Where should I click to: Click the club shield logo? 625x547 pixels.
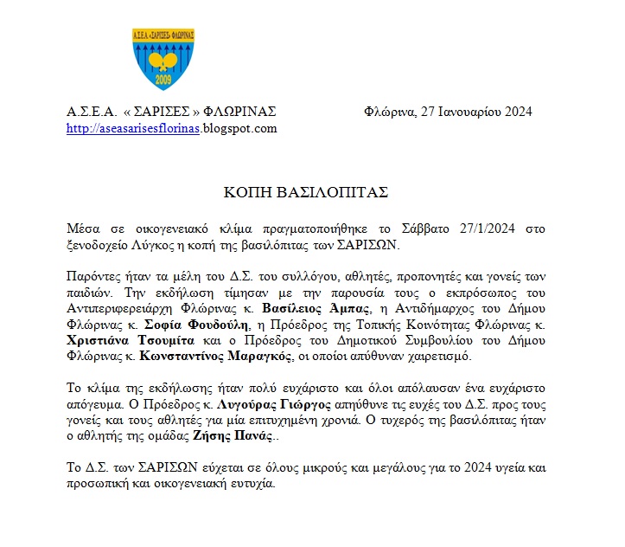(x=163, y=58)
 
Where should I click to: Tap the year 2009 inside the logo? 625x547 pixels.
(x=163, y=80)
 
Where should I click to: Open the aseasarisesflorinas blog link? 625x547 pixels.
(x=134, y=129)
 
